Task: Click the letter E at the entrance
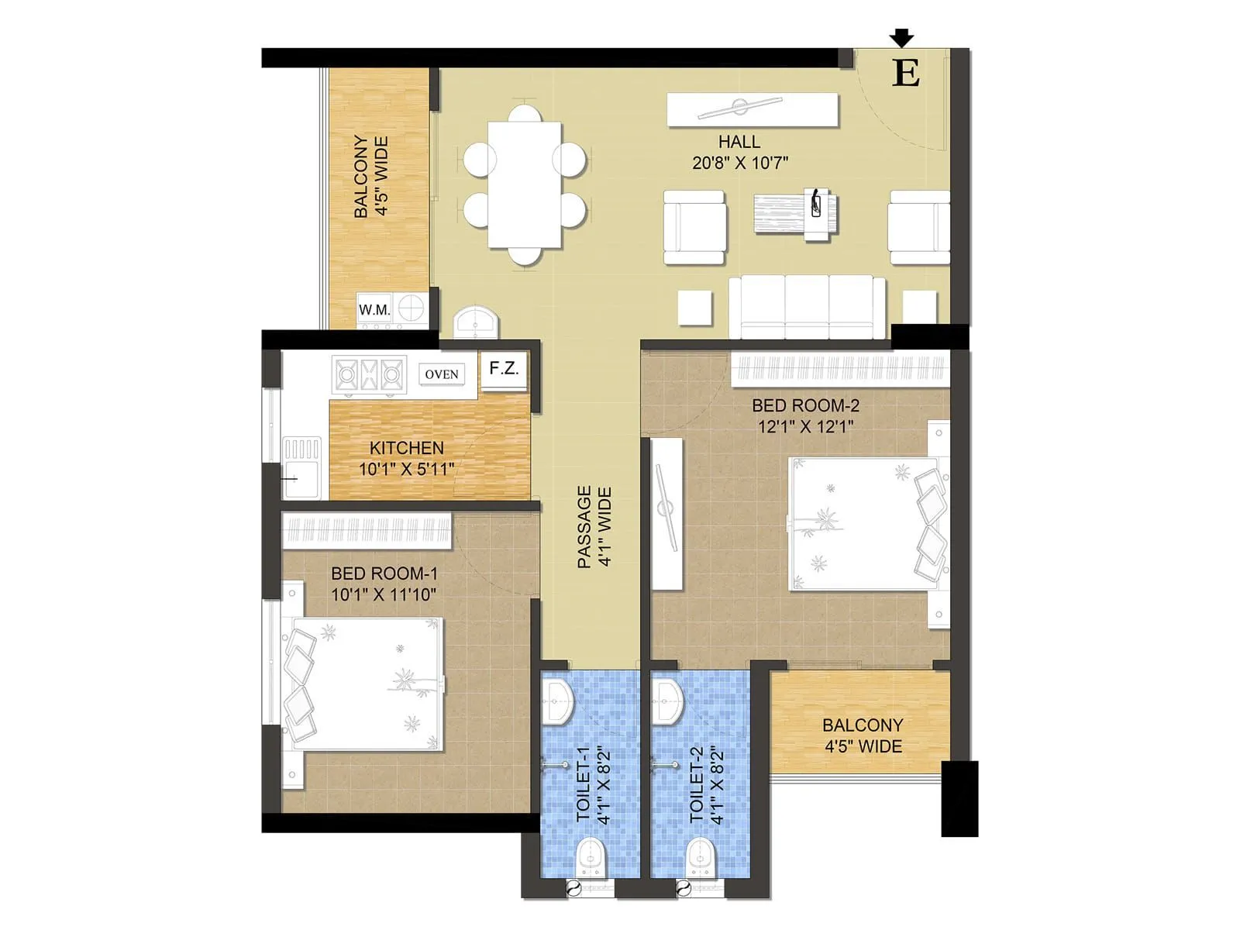(x=906, y=73)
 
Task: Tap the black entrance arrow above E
(x=901, y=37)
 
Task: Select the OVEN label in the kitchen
(x=441, y=374)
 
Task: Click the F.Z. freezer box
(x=504, y=369)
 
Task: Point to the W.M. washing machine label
(x=374, y=310)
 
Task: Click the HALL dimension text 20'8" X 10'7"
(x=740, y=163)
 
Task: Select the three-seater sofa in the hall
(x=807, y=307)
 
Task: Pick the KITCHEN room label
(x=406, y=448)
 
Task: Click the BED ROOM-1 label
(x=384, y=573)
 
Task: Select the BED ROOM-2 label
(x=805, y=405)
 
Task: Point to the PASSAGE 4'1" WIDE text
(x=594, y=527)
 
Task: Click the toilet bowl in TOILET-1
(x=590, y=856)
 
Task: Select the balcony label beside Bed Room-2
(x=863, y=735)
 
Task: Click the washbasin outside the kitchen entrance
(x=474, y=321)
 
